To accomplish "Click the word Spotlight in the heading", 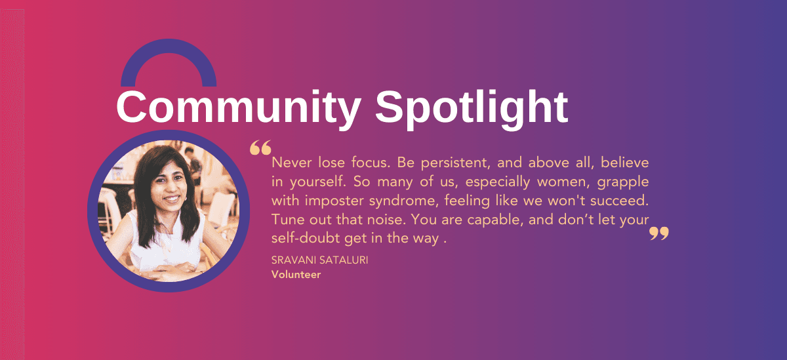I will coord(471,108).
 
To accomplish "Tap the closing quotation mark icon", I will coord(658,233).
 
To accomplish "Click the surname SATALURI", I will coord(345,261).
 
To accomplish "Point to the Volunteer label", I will coord(296,275).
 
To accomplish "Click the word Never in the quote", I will coord(289,162).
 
